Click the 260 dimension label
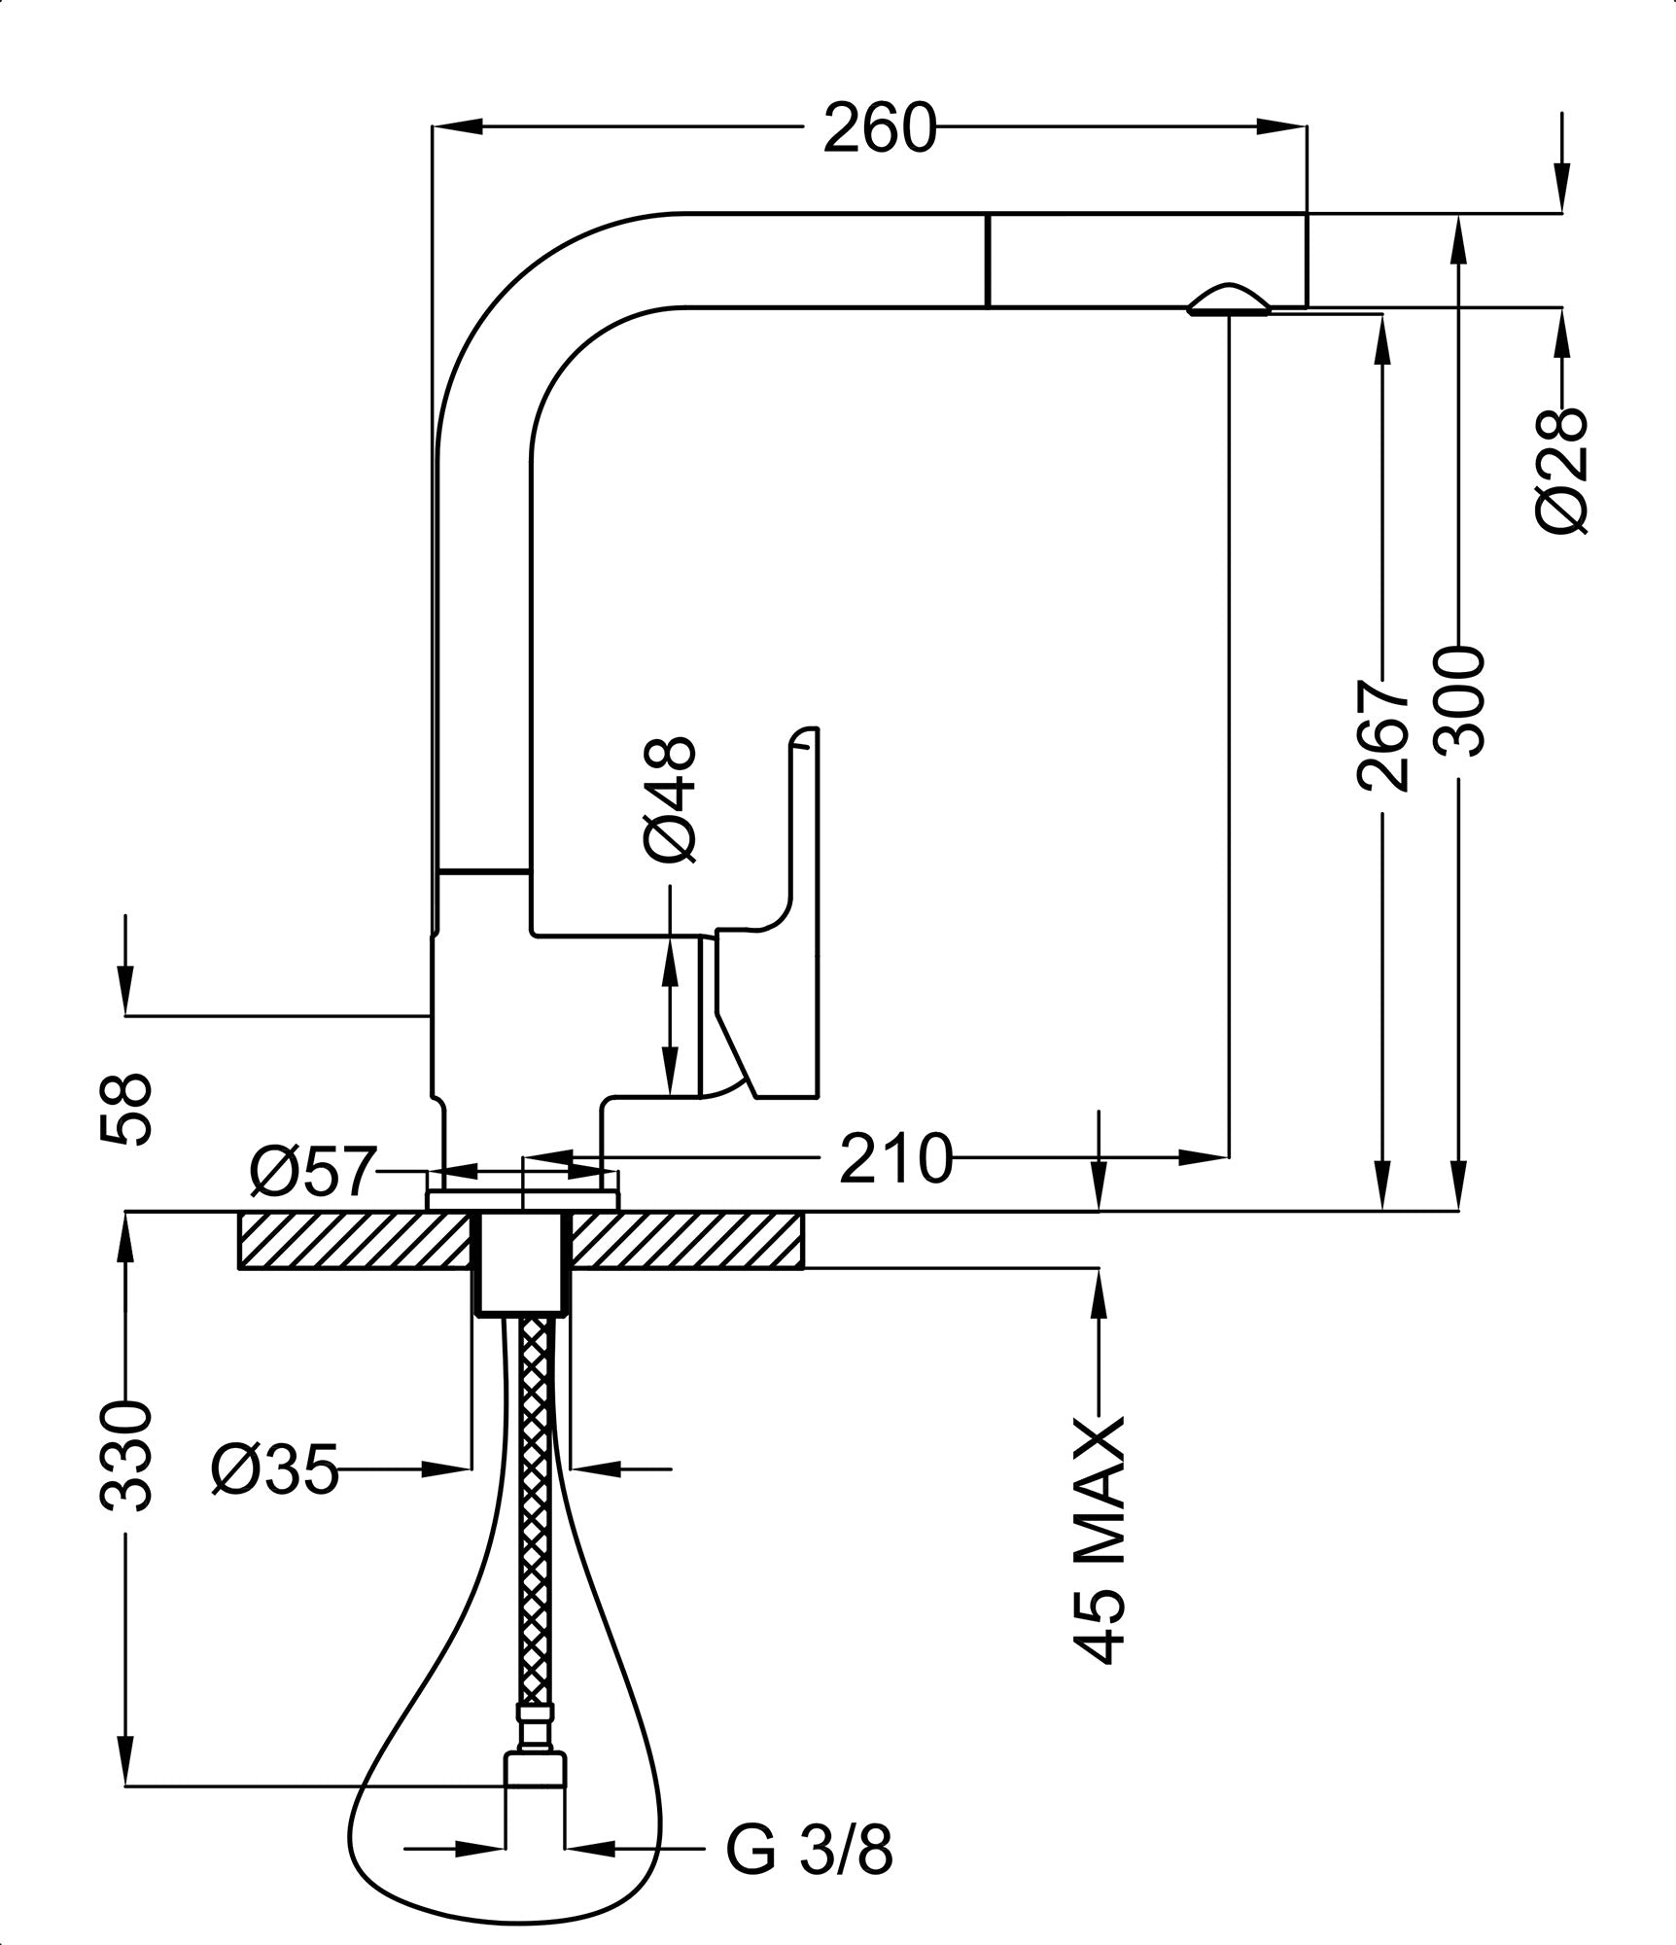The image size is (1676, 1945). (878, 127)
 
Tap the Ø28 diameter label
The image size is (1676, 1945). (1562, 471)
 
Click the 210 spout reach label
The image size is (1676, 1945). (894, 1158)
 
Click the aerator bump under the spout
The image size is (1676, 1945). (1229, 301)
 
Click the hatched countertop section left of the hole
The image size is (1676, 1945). (354, 1240)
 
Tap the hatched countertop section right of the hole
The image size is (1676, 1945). (685, 1240)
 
